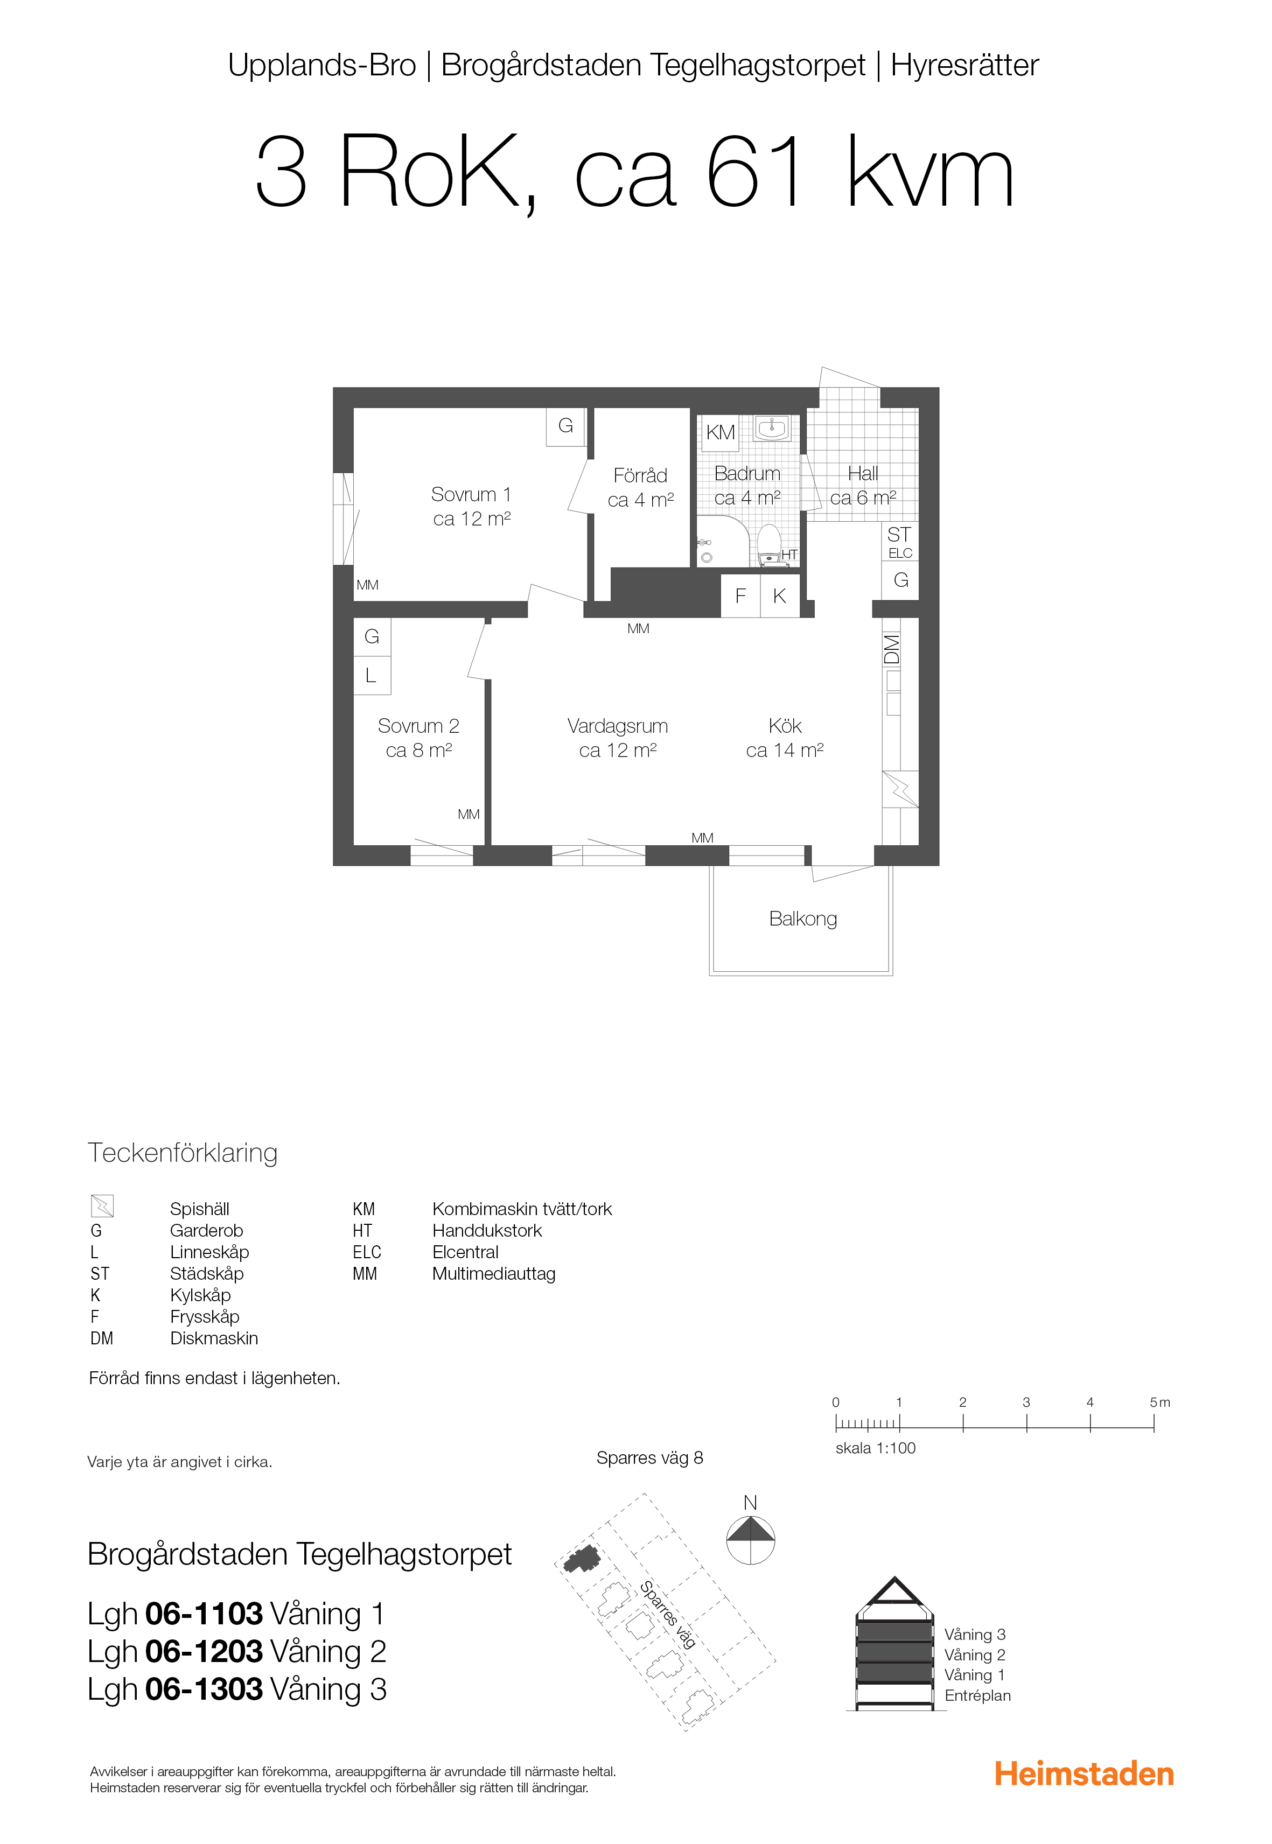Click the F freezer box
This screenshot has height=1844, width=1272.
pyautogui.click(x=740, y=595)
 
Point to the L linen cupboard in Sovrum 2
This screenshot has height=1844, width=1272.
pyautogui.click(x=372, y=675)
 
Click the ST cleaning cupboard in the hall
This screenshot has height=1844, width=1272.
pyautogui.click(x=900, y=542)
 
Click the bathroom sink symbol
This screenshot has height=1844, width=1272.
pyautogui.click(x=772, y=428)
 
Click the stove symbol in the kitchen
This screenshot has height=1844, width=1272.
pyautogui.click(x=900, y=789)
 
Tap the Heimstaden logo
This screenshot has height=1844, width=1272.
pyautogui.click(x=1084, y=1775)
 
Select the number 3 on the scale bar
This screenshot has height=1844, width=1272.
pyautogui.click(x=1026, y=1403)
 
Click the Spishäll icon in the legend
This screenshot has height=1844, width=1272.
pyautogui.click(x=103, y=1207)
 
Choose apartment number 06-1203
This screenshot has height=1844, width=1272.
pyautogui.click(x=204, y=1652)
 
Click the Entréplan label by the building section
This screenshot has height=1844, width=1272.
pyautogui.click(x=978, y=1696)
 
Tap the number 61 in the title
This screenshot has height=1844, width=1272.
pyautogui.click(x=754, y=173)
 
